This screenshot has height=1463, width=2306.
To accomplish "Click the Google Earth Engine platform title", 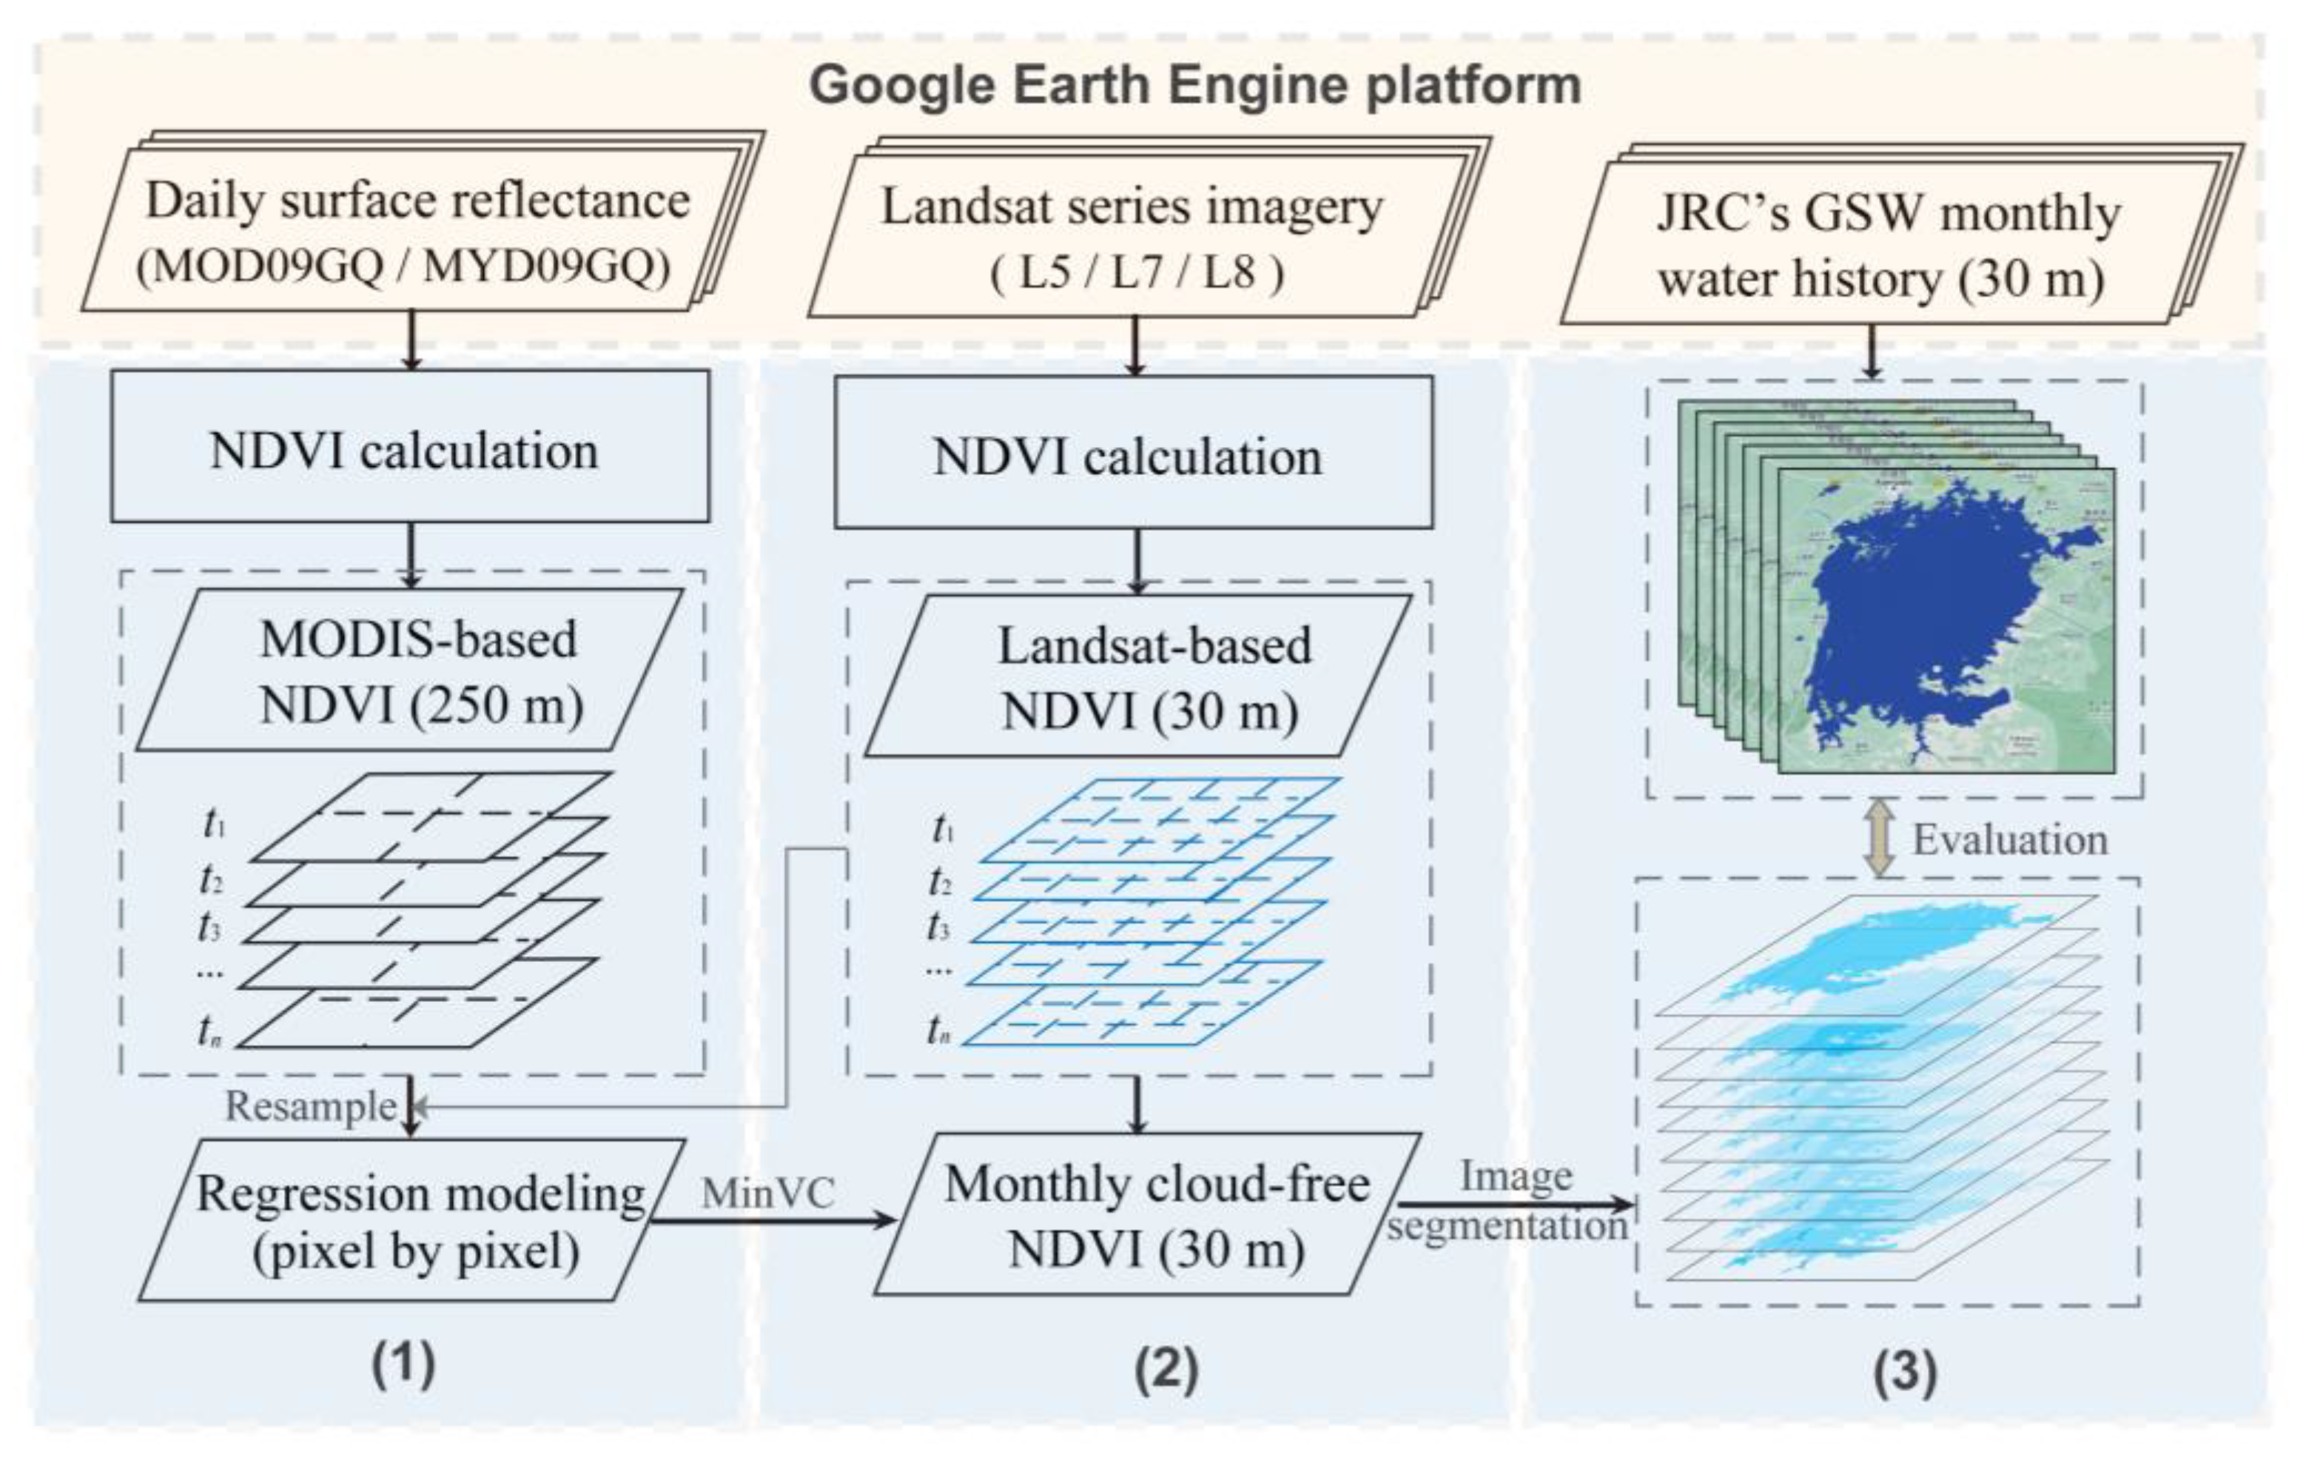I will [1194, 86].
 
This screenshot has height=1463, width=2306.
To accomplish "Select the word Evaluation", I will [2010, 840].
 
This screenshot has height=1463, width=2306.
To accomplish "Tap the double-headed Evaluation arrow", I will [1879, 838].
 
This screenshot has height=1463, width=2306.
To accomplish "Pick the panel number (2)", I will [1166, 1370].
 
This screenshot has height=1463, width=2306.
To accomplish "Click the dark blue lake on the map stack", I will [1925, 613].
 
